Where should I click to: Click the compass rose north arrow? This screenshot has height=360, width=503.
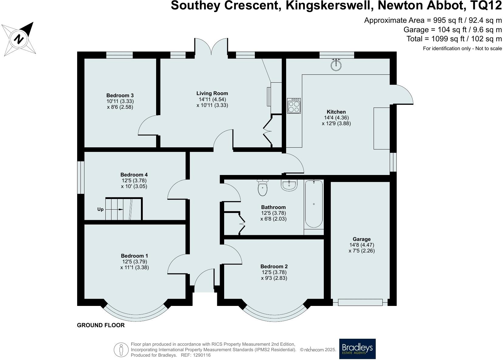[x=19, y=39]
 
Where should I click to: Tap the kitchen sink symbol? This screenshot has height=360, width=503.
[x=336, y=65]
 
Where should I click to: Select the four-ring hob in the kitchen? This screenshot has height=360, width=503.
[x=294, y=105]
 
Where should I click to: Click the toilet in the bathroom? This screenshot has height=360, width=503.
[x=262, y=188]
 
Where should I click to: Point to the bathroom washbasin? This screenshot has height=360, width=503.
[x=289, y=185]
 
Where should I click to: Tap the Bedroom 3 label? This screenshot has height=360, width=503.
[x=120, y=95]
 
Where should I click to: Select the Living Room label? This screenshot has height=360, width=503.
[x=212, y=93]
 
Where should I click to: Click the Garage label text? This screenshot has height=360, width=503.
[x=361, y=239]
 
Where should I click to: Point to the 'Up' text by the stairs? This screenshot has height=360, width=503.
[x=100, y=209]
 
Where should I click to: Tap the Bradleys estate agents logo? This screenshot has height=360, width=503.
[x=357, y=349]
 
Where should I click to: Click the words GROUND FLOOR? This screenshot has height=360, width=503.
[x=101, y=325]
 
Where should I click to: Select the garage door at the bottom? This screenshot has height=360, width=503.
[x=360, y=302]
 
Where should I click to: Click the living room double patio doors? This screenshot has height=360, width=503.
[x=211, y=47]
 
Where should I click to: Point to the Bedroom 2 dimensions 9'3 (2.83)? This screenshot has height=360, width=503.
[x=274, y=278]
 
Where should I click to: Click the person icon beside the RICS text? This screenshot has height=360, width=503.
[x=121, y=350]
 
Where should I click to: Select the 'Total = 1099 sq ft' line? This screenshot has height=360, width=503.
[x=454, y=39]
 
